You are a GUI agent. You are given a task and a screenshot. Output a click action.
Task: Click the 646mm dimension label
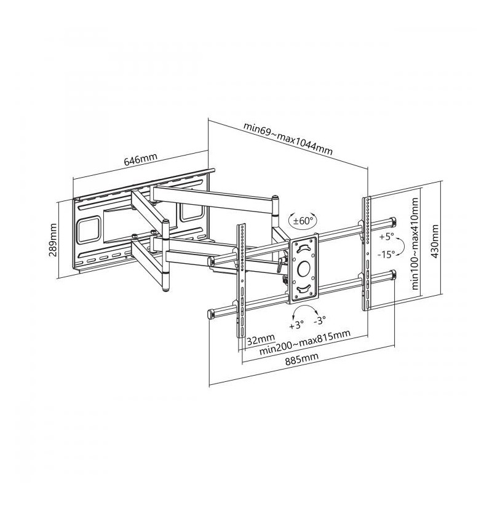(x=140, y=159)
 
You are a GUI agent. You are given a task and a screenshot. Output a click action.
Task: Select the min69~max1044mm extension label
(x=288, y=139)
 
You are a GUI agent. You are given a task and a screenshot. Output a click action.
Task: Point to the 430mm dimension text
(x=435, y=241)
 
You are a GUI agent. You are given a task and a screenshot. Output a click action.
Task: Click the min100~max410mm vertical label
(x=415, y=243)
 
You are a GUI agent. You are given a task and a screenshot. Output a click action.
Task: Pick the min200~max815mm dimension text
(x=305, y=342)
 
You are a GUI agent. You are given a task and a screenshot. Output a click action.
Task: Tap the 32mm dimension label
(x=261, y=339)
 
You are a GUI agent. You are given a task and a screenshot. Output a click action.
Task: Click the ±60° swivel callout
(x=303, y=221)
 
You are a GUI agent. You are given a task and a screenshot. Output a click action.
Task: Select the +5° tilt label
(x=387, y=237)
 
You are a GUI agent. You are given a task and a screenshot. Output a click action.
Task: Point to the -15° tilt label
(x=386, y=255)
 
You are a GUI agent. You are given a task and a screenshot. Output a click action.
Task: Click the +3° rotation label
(x=296, y=325)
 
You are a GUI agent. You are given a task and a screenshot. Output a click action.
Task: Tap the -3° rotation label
(x=320, y=320)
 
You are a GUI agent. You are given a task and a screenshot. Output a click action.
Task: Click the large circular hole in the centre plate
(x=304, y=269)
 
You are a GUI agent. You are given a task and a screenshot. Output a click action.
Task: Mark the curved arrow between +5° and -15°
(x=402, y=246)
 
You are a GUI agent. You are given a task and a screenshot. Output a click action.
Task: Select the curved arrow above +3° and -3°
(x=305, y=307)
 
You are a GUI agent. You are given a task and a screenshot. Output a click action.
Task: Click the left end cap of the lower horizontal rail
(x=210, y=314)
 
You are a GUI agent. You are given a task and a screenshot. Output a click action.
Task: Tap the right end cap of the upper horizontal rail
(x=394, y=221)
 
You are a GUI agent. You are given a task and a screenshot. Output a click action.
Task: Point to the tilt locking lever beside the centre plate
(x=279, y=264)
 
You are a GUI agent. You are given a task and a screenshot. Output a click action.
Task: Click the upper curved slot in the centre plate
(x=304, y=248)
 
